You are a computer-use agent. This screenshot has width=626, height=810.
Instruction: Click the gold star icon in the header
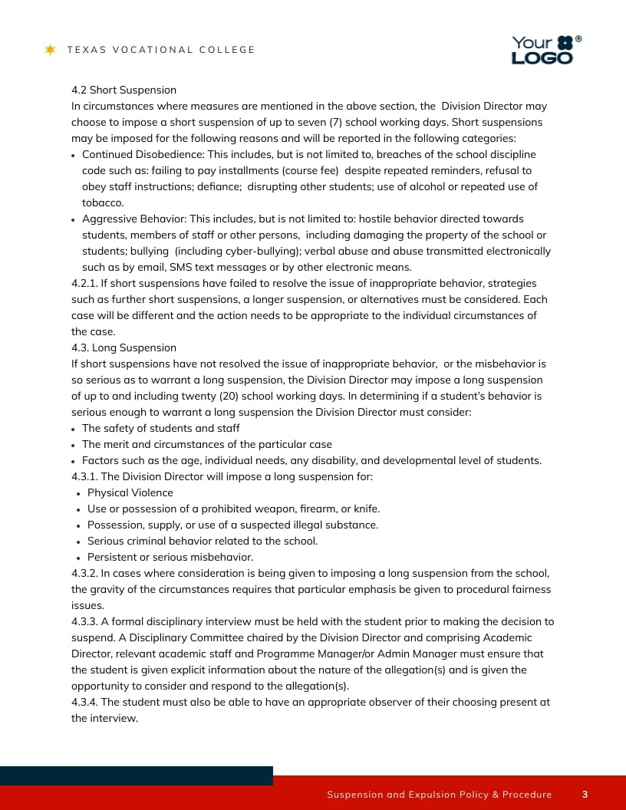(51, 50)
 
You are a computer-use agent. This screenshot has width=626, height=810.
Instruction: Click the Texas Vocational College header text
(161, 50)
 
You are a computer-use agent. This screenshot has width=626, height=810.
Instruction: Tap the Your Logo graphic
(545, 50)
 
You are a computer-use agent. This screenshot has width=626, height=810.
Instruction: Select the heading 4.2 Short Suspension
(124, 90)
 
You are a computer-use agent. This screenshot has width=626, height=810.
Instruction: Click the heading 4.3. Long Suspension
(124, 347)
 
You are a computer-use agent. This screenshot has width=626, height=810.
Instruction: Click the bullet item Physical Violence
(130, 492)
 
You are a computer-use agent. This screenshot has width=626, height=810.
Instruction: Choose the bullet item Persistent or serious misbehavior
(170, 557)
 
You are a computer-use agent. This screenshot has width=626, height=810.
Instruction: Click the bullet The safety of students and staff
(161, 428)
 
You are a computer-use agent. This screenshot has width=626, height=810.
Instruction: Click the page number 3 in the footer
(585, 795)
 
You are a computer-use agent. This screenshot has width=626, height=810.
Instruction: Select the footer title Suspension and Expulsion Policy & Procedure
(439, 795)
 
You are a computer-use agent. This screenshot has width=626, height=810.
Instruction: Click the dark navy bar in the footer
(137, 775)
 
